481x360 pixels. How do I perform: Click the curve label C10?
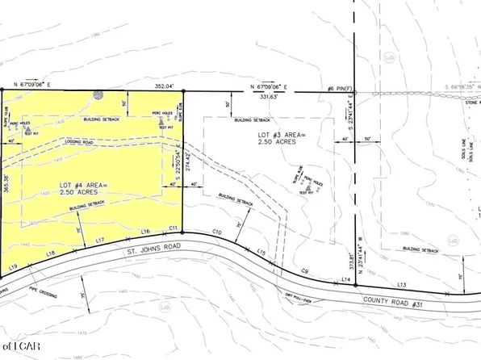coord(217,232)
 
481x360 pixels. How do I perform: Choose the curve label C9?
coord(305,270)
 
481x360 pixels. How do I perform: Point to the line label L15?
coord(261,253)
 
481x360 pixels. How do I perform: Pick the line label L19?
coord(13,266)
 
